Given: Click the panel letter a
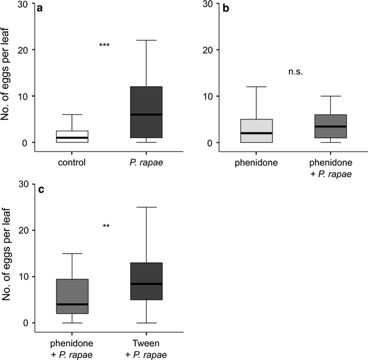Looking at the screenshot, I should point(40,9).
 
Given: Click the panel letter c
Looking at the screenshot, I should point(40,189).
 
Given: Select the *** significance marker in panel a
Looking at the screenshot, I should point(105,46).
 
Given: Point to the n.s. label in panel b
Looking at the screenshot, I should point(296,72).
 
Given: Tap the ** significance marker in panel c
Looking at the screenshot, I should point(106,226).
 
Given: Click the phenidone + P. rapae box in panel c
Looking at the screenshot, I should point(72,295).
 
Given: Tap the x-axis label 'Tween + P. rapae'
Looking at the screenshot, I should point(147,347).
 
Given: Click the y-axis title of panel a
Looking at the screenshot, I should point(7,78).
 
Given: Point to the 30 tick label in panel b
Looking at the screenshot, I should point(207,4).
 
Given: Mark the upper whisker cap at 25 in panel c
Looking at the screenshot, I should point(147,207).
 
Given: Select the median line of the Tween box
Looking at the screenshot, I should point(147,283).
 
